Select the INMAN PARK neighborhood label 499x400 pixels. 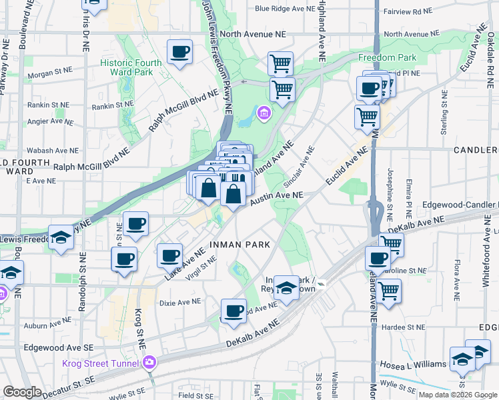[239, 245]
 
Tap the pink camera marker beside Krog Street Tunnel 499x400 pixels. [149, 362]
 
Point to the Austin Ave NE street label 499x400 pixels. [277, 195]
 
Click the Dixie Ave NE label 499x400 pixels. [180, 301]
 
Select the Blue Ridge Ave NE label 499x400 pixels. [284, 9]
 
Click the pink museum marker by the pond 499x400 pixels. [264, 113]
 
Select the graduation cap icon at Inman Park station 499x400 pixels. [286, 288]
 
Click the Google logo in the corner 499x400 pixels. [22, 392]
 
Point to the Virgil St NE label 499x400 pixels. [202, 268]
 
